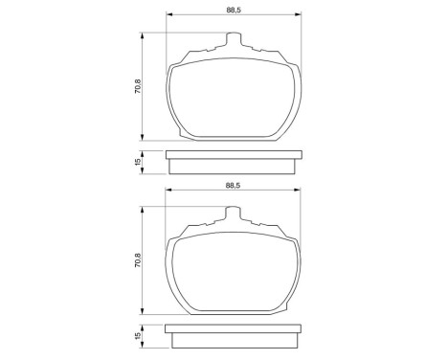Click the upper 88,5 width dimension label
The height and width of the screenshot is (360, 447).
(232, 10)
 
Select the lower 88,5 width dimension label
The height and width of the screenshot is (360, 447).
(232, 184)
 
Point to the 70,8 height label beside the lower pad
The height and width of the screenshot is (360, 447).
(138, 260)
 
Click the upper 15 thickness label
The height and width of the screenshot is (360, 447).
(138, 163)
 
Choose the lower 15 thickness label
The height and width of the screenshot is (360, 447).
(138, 336)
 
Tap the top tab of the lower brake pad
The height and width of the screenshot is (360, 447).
(232, 215)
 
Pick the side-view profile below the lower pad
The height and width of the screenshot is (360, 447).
(232, 336)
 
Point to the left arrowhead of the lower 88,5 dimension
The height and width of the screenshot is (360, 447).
(170, 191)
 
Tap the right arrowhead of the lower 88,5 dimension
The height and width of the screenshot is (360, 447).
(293, 191)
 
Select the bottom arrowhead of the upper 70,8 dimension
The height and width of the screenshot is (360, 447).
(145, 137)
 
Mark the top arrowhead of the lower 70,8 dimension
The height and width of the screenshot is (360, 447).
(145, 211)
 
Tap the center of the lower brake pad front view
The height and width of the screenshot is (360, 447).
(232, 268)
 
